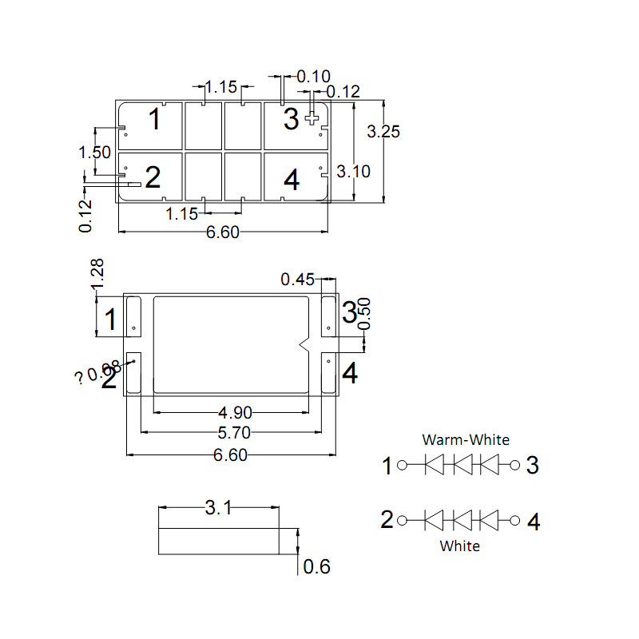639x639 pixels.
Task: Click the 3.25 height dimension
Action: [x=383, y=132]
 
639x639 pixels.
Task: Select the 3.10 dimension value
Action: [x=353, y=171]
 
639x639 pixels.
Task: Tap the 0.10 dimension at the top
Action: [x=313, y=77]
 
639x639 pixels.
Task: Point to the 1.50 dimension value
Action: [x=94, y=152]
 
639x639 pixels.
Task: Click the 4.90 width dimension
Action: [x=235, y=413]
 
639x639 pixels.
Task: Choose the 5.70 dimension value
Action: [x=235, y=433]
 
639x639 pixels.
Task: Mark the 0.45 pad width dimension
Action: [x=297, y=280]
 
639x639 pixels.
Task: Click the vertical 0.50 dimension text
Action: [x=365, y=314]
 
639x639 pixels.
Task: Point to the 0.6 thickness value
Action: [x=316, y=567]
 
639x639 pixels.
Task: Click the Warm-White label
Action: [x=466, y=439]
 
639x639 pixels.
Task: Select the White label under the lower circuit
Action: [x=461, y=546]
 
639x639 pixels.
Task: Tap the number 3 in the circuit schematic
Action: [x=534, y=465]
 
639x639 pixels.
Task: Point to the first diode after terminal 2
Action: [x=435, y=521]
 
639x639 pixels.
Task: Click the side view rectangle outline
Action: [x=219, y=541]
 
